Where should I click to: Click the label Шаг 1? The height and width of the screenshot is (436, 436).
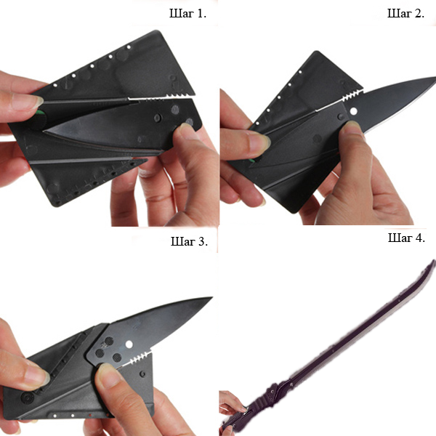click(x=187, y=14)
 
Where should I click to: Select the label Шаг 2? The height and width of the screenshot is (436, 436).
click(x=405, y=13)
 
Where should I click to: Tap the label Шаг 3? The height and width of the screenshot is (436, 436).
click(x=189, y=241)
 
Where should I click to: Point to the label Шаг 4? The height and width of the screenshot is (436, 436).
click(x=406, y=238)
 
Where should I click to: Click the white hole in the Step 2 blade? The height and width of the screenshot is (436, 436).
click(x=354, y=111)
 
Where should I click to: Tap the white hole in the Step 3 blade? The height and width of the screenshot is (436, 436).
click(x=129, y=344)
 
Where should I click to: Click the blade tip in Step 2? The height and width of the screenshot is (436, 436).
click(x=434, y=78)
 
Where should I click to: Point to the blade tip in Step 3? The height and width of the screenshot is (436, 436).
click(x=211, y=298)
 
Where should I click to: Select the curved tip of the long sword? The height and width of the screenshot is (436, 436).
click(x=433, y=262)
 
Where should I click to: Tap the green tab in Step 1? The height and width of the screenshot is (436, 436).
click(x=40, y=113)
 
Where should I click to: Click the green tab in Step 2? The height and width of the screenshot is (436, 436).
click(x=252, y=161)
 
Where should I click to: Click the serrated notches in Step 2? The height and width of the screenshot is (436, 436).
click(x=352, y=94)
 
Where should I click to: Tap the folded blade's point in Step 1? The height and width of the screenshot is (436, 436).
click(x=45, y=130)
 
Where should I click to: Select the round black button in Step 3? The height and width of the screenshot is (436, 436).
click(x=28, y=397)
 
